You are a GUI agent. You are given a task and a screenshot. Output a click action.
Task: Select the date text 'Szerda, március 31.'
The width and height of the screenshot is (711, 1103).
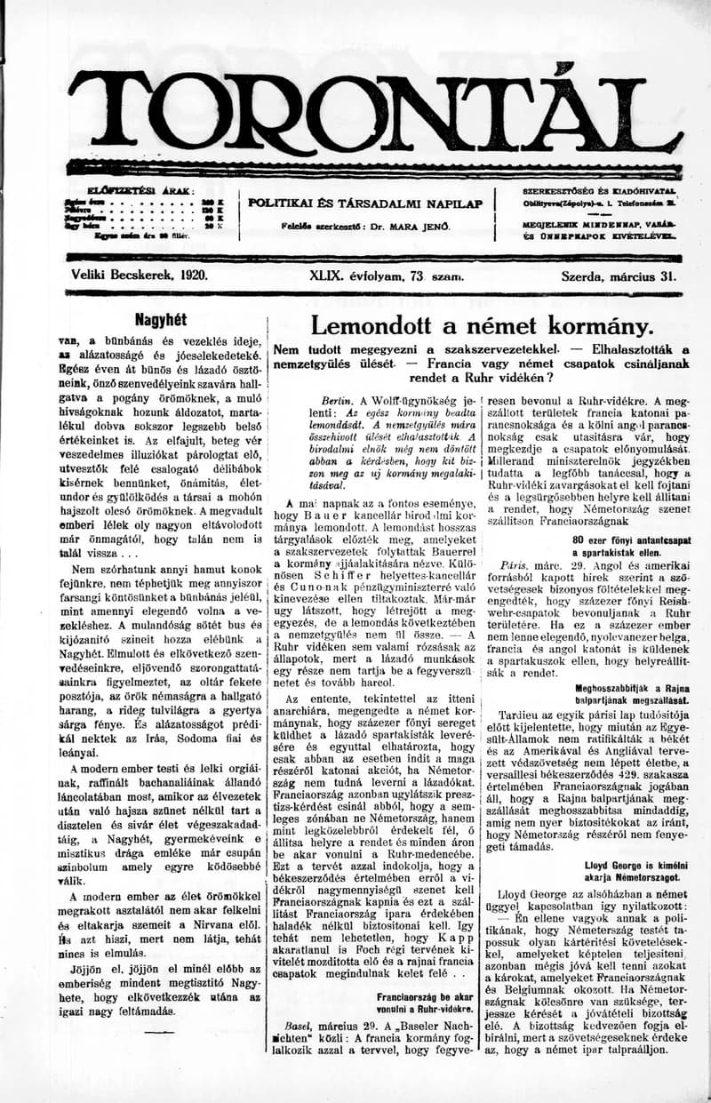(618, 276)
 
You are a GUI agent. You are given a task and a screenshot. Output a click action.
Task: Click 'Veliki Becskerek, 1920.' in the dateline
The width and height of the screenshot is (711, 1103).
(140, 276)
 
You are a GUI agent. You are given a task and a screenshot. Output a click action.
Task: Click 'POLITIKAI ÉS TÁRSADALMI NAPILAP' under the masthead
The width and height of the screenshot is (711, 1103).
(365, 204)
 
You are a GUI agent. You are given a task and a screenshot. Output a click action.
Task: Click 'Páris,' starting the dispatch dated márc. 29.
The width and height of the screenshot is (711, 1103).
(515, 564)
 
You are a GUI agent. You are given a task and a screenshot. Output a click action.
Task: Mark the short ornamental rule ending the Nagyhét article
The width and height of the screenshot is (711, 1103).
(159, 1033)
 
